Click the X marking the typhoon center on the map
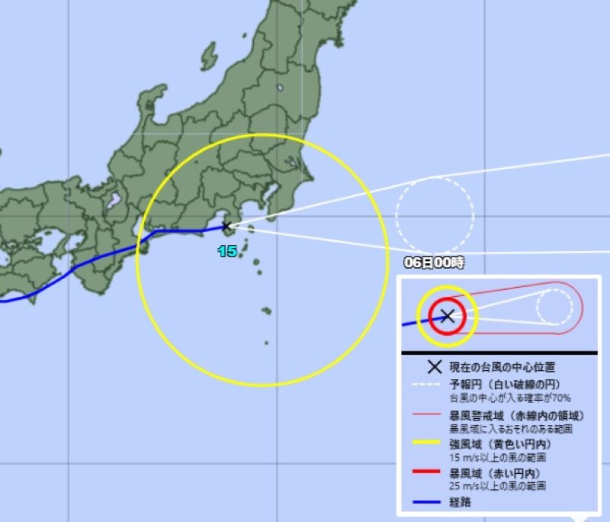[226, 225]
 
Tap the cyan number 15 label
[227, 251]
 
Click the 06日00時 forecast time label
[433, 263]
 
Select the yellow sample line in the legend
[424, 443]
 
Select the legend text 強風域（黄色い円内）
[500, 444]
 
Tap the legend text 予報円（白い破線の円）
[506, 385]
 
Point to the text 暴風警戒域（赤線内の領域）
[516, 415]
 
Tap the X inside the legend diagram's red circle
[448, 316]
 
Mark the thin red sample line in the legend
[424, 415]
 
